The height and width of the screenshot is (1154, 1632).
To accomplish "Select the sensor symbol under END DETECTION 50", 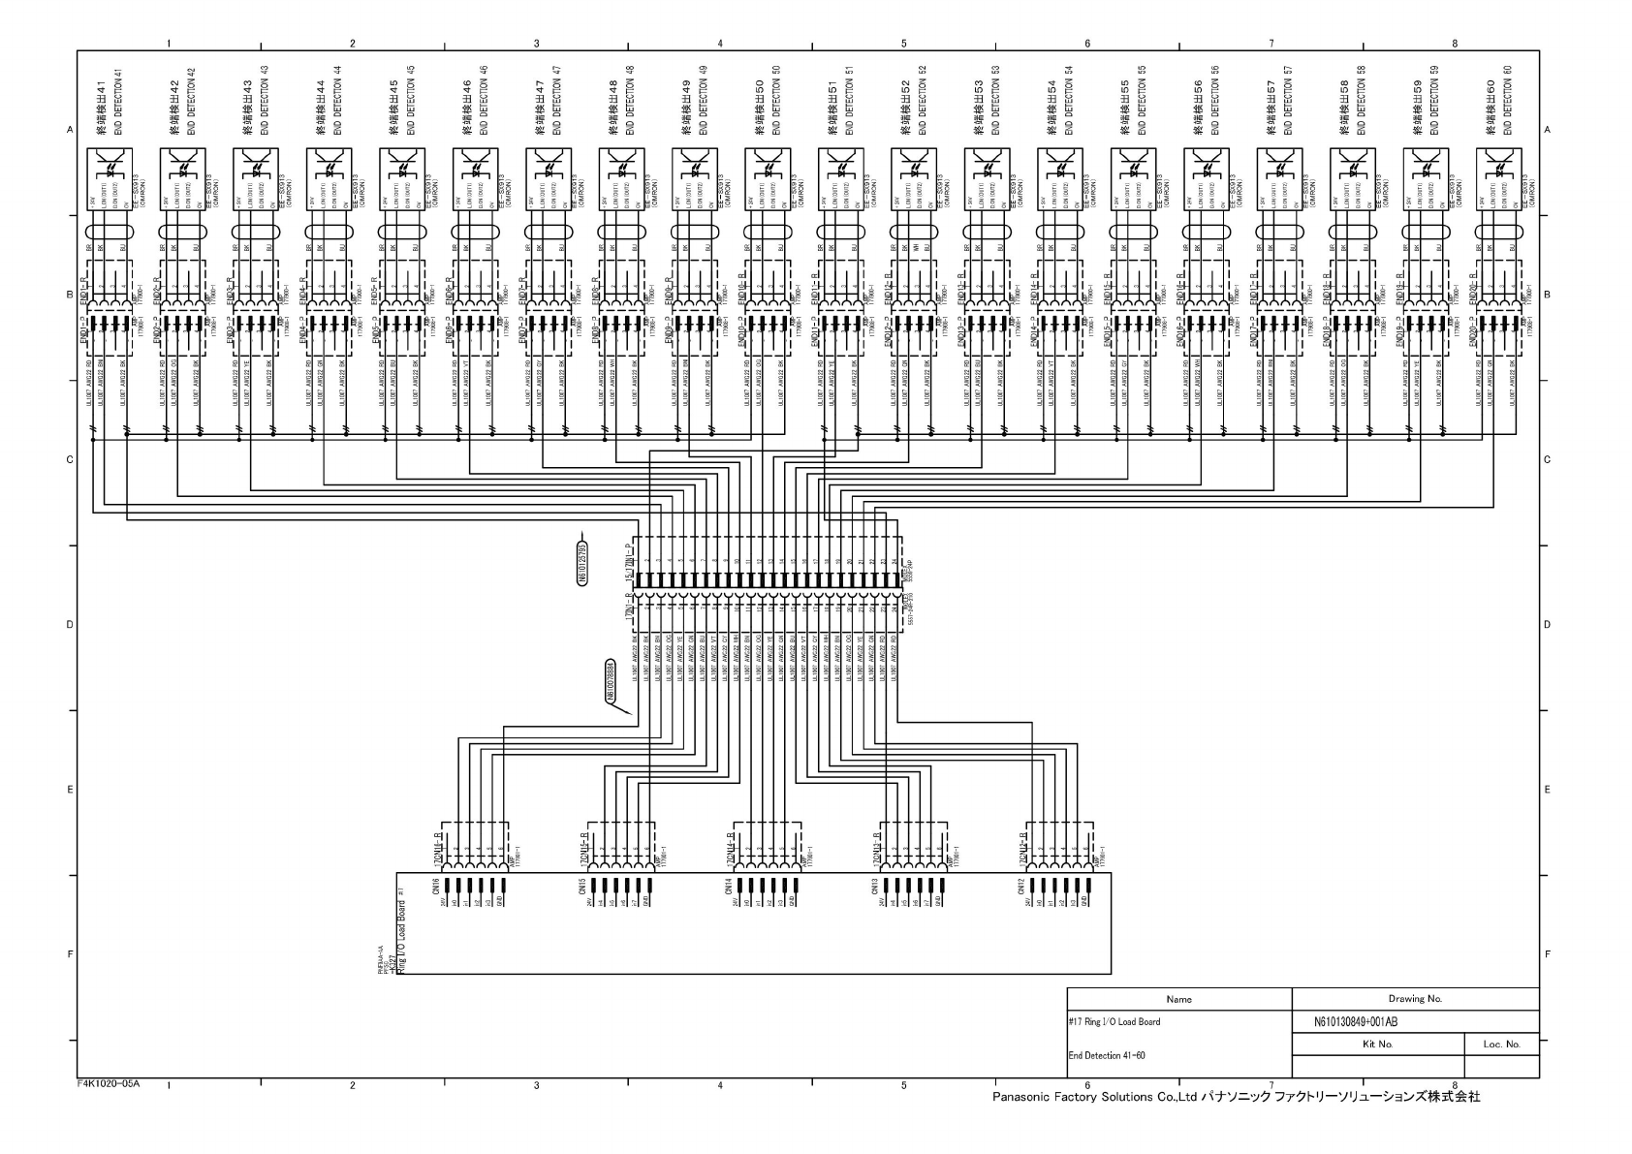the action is click(x=768, y=166).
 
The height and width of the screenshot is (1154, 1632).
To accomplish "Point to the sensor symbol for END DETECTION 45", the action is click(x=401, y=166).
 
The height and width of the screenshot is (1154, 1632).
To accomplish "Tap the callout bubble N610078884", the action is click(x=611, y=680).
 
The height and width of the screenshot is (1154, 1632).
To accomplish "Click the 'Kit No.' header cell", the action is click(x=1377, y=1045).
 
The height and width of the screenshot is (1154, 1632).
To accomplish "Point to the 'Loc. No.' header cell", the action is click(x=1501, y=1045).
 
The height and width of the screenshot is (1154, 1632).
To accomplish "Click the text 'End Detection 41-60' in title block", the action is click(x=1107, y=1055).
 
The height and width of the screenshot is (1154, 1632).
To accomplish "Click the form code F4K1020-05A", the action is click(x=110, y=1083).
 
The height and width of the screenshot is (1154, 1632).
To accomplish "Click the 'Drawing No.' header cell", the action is click(x=1415, y=998).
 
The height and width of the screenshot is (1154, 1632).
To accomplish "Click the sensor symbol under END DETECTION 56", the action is click(x=1207, y=166).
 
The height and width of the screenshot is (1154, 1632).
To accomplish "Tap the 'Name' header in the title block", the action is click(x=1178, y=998).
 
